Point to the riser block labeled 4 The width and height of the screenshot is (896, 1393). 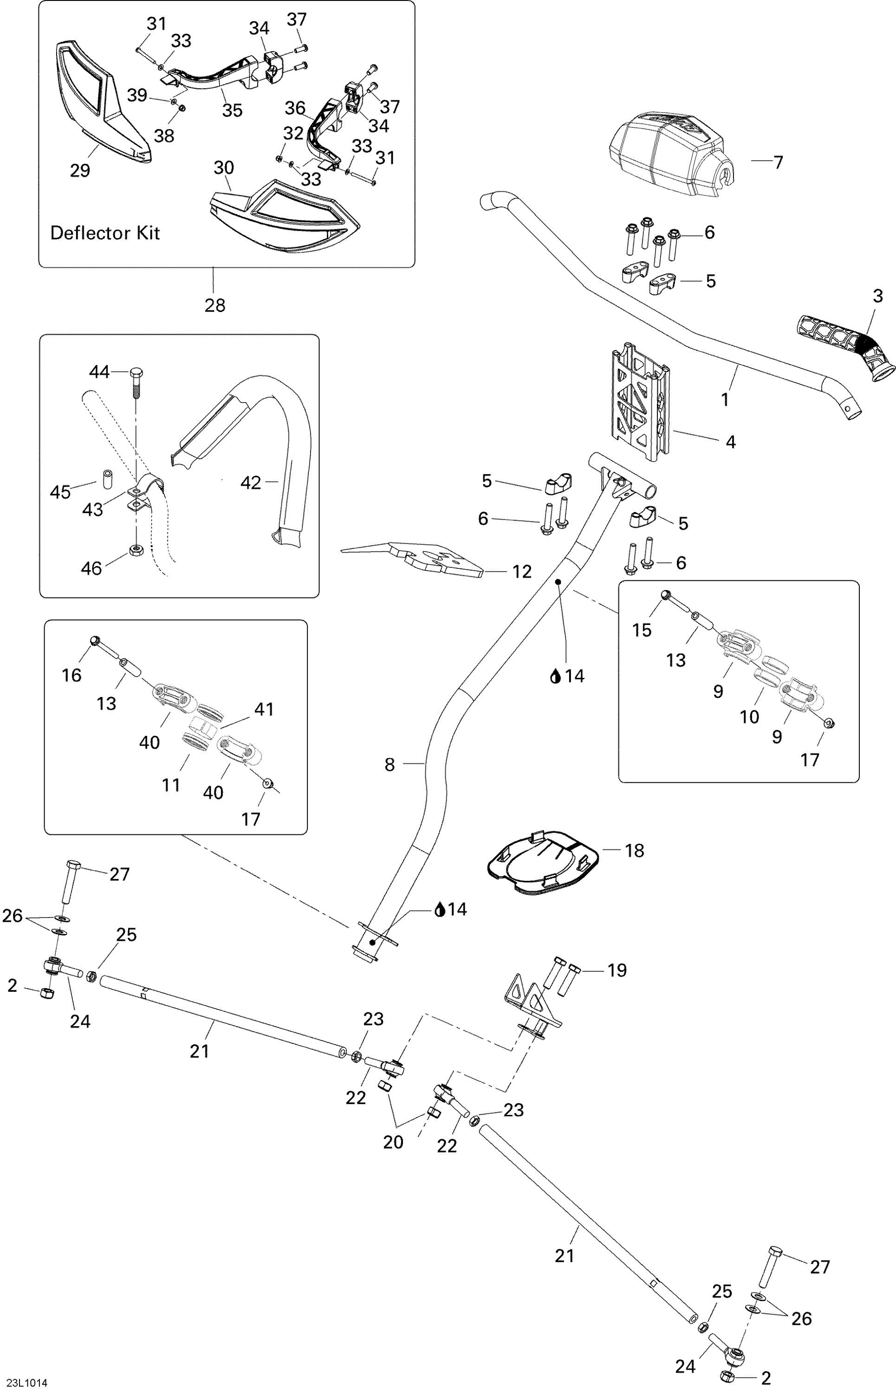tap(640, 402)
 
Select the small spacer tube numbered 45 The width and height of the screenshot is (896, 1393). tap(108, 478)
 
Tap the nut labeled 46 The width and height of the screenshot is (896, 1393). tap(137, 550)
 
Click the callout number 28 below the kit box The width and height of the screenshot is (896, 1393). tap(214, 305)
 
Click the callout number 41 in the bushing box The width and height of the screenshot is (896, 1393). tap(264, 709)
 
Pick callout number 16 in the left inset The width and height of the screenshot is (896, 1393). tap(71, 675)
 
